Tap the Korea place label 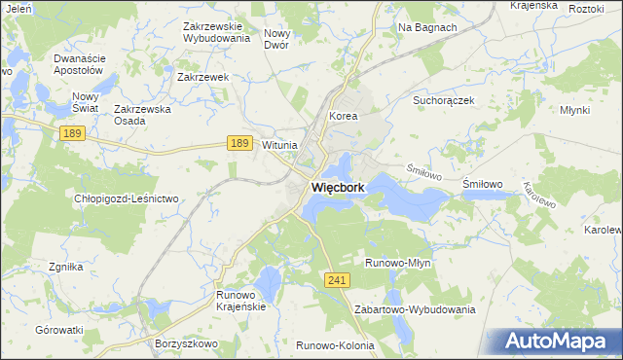pos(344,116)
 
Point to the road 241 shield pos(337,279)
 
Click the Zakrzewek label pos(202,76)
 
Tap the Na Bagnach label pos(427,27)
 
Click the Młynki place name pos(575,110)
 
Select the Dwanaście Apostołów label pos(78,64)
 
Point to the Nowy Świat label pos(87,102)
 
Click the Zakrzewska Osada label pos(143,115)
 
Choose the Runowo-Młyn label pos(397,263)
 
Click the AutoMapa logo pos(560,341)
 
